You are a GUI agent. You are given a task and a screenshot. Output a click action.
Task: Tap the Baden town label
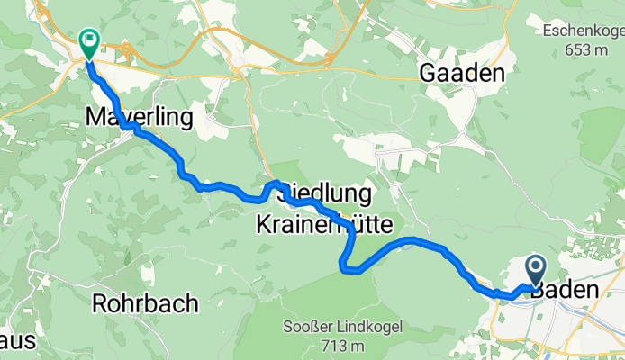565,291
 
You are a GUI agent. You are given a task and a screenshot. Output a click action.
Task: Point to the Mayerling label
127,116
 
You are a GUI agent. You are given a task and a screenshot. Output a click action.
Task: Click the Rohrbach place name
145,303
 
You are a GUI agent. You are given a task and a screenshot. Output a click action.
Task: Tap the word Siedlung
325,193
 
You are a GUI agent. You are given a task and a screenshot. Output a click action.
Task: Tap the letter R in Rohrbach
99,303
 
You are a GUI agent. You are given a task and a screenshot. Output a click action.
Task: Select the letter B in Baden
539,291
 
